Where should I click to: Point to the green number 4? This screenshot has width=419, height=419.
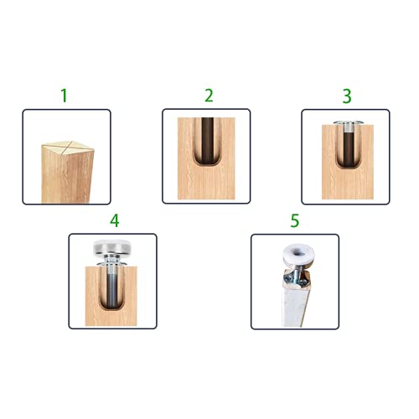(x=115, y=221)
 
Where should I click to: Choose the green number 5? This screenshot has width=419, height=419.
(x=294, y=221)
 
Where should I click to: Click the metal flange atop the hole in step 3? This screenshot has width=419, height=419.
(x=345, y=125)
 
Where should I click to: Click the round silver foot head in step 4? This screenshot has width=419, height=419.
(x=114, y=248)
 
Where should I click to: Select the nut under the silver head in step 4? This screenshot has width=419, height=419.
(x=114, y=264)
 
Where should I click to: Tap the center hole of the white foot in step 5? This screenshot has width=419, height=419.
(x=293, y=248)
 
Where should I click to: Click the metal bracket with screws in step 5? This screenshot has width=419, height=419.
(x=299, y=273)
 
